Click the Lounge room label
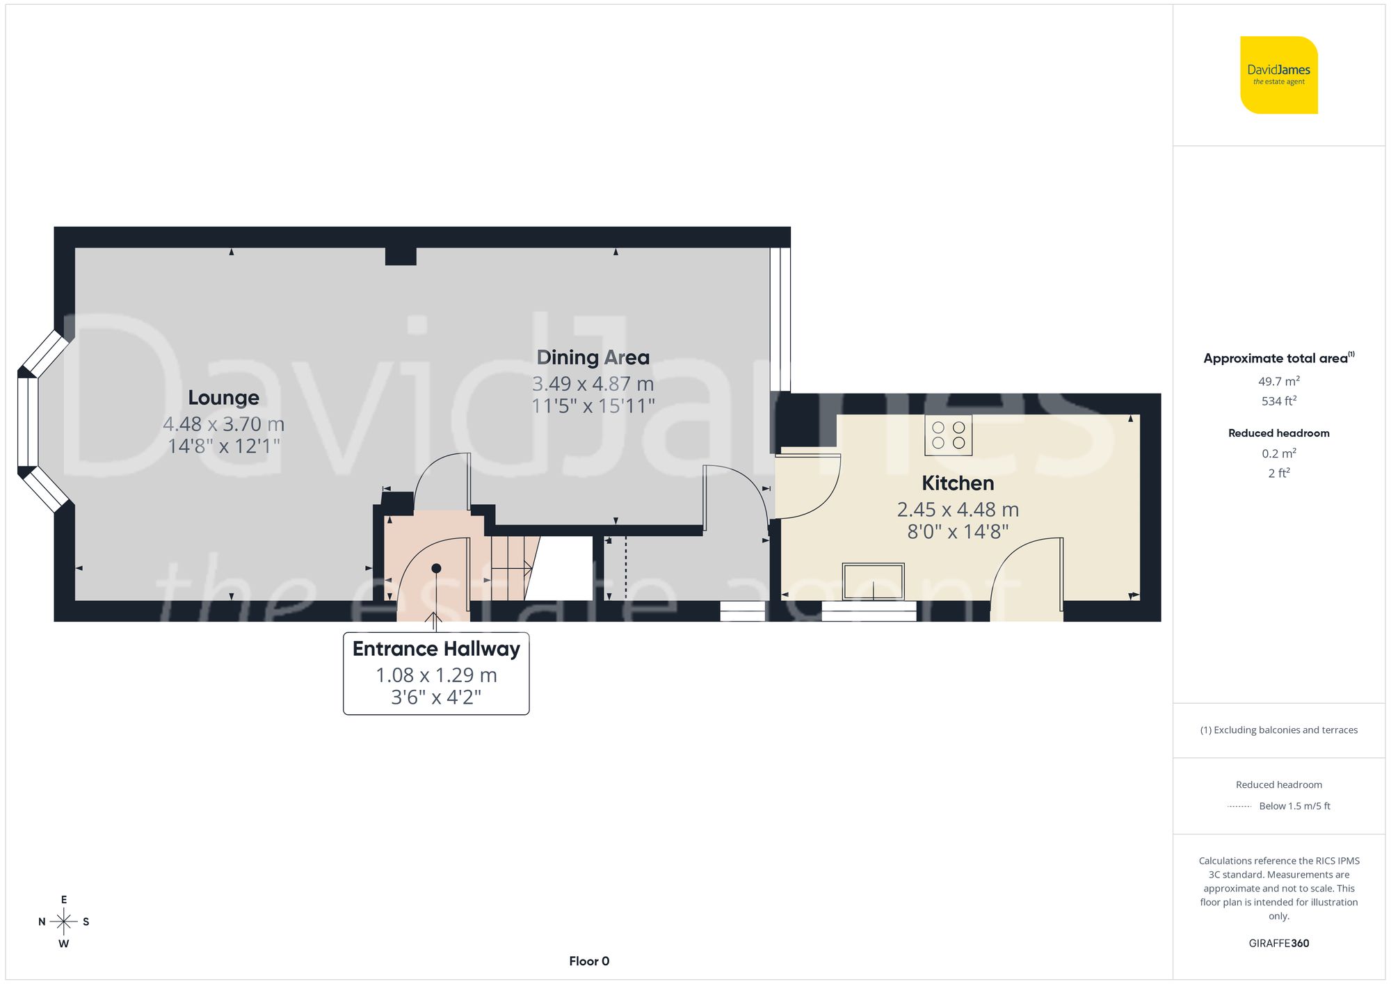click(223, 398)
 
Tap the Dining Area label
click(593, 357)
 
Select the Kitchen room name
click(957, 483)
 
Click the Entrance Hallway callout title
click(436, 649)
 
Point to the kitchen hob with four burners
click(948, 435)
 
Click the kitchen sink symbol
click(873, 581)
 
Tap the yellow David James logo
click(1278, 75)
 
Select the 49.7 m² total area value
click(1278, 381)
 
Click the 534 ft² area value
click(1278, 401)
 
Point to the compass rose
click(64, 922)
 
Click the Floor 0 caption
click(588, 961)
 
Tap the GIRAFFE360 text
click(1278, 944)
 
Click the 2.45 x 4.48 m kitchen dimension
click(957, 510)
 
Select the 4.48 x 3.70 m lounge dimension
click(223, 424)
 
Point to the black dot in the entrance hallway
click(436, 568)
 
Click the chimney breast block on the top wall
click(401, 256)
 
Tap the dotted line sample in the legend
click(1239, 807)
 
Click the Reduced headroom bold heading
click(1278, 433)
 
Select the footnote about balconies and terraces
click(1278, 730)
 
